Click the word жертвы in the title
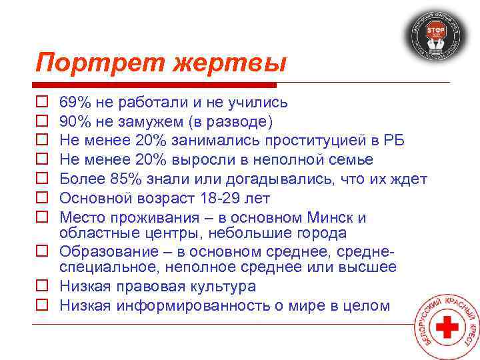pyautogui.click(x=230, y=64)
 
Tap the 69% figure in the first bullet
pyautogui.click(x=75, y=103)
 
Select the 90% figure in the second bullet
pyautogui.click(x=75, y=122)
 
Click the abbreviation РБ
pyautogui.click(x=392, y=141)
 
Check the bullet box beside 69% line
pyautogui.click(x=41, y=103)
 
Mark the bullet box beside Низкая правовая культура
pyautogui.click(x=41, y=287)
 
